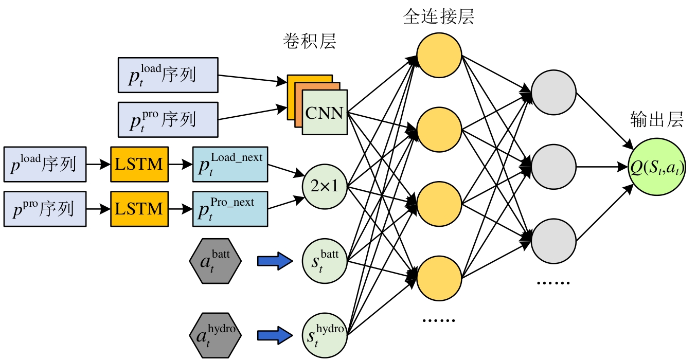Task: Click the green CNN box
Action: coord(325,113)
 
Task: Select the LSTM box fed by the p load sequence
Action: coord(139,165)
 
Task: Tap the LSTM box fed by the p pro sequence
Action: coord(139,209)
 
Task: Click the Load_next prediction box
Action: coord(230,164)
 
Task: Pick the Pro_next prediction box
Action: coord(230,209)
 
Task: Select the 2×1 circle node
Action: coord(325,186)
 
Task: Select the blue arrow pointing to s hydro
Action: coord(275,335)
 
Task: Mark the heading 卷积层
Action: coord(309,41)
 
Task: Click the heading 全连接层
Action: coord(438,16)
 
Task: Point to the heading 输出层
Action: coord(657,120)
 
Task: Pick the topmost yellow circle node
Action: coord(439,56)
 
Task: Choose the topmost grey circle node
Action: coord(553,93)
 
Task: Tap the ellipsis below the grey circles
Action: coord(553,283)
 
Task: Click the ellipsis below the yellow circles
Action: coord(438,320)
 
